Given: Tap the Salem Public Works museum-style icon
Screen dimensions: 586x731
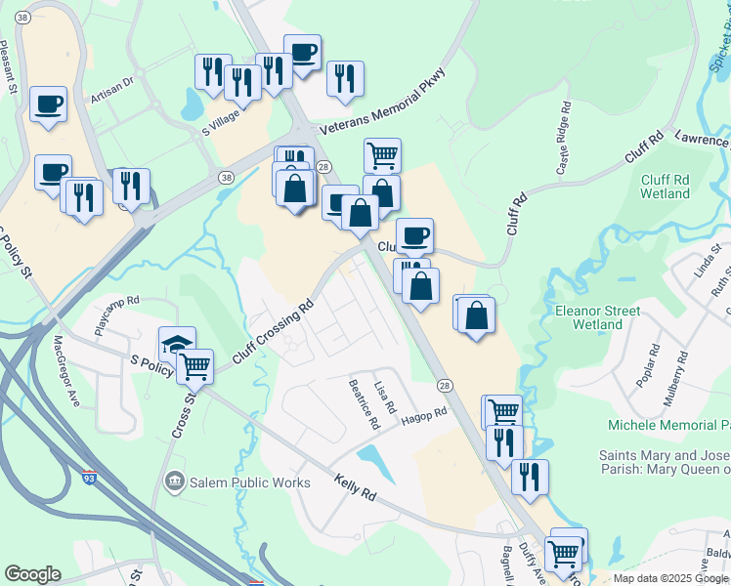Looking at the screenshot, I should tap(175, 481).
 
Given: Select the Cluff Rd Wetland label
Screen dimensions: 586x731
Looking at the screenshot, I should tap(666, 187).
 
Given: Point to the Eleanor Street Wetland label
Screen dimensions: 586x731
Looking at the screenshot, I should tap(597, 317).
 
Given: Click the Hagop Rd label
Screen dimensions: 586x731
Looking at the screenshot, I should tap(423, 417).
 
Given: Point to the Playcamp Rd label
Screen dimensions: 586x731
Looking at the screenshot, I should tap(117, 315).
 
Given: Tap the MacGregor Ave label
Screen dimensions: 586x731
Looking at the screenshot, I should tap(66, 370).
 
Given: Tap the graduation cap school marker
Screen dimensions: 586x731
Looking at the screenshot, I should tap(177, 344).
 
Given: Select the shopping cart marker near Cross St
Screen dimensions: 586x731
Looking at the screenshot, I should tap(195, 366).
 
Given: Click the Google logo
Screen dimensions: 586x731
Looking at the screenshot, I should tap(33, 574).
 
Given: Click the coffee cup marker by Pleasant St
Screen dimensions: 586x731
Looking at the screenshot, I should tap(48, 104).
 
